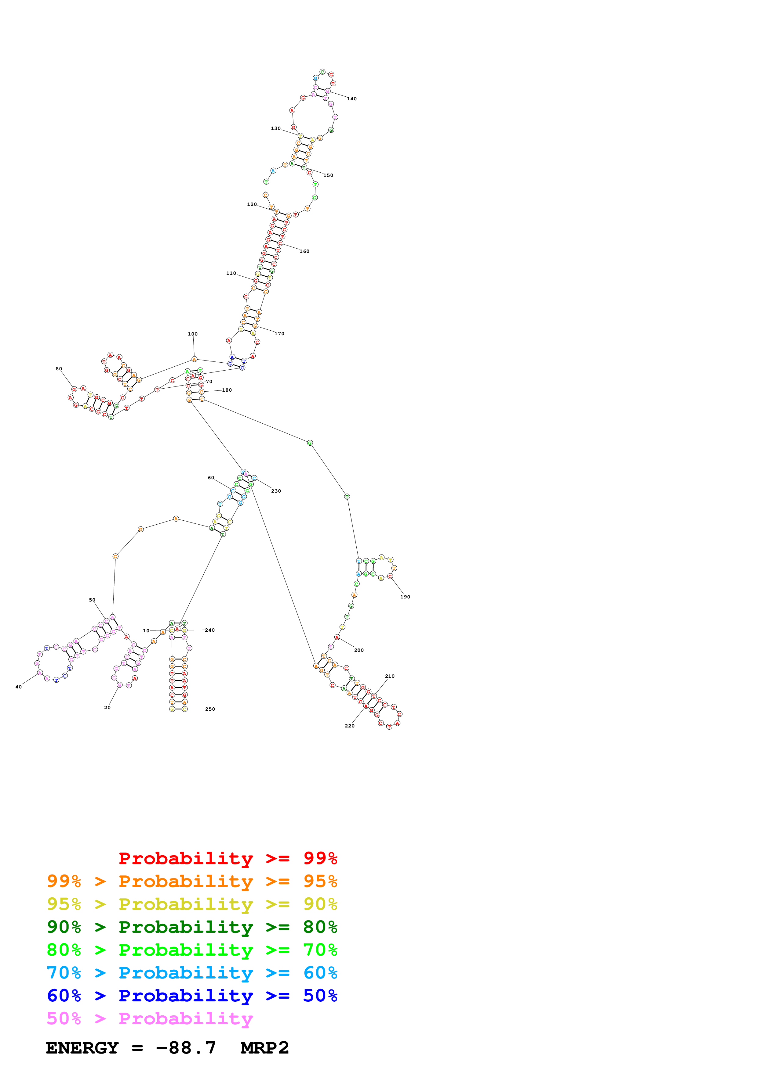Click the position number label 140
tap(352, 99)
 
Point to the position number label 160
tap(304, 252)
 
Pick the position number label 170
tap(279, 334)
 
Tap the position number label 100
tap(193, 334)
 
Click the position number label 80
tap(59, 369)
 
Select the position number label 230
tap(276, 491)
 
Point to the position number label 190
tap(405, 597)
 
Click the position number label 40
tap(19, 687)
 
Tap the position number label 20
tap(107, 707)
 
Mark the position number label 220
tap(349, 726)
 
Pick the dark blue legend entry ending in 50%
tap(192, 996)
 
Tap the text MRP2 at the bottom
tap(264, 1048)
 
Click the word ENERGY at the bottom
tap(82, 1048)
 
